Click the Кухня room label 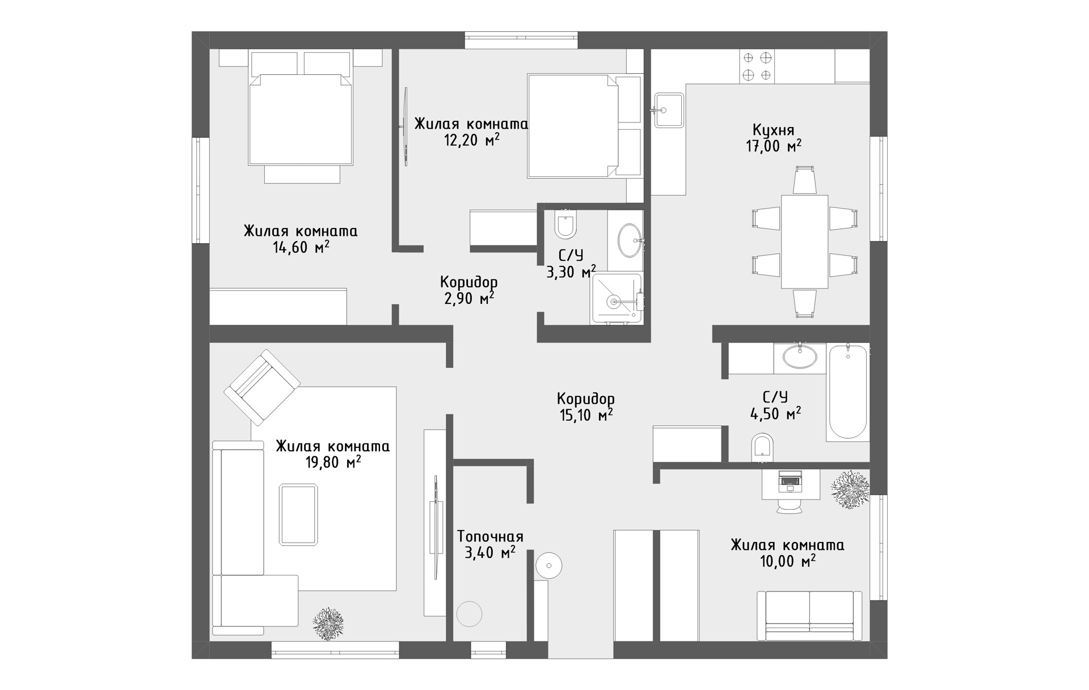coord(774,130)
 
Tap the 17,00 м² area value coord(774,146)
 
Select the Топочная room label coord(490,536)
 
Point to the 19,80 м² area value coord(334,462)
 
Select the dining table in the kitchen coord(804,242)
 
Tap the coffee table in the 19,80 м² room coord(298,515)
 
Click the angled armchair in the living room coord(262,387)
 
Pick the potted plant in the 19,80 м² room coord(328,624)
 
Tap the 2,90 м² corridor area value coord(468,298)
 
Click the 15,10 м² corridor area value coord(586,415)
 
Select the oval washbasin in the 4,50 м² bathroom coord(800,357)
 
